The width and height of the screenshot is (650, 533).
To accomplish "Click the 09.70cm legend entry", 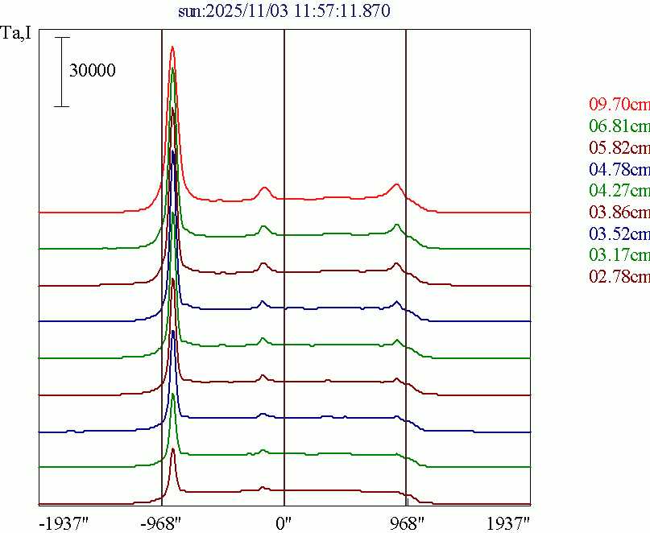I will tap(619, 104).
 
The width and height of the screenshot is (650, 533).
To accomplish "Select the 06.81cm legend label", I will tap(619, 126).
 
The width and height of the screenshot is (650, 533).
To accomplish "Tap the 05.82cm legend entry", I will tap(619, 147).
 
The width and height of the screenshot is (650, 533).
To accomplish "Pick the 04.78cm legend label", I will tap(619, 169).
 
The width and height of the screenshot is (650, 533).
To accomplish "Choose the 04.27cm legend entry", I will tap(619, 191).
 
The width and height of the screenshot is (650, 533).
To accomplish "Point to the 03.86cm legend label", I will tap(619, 213).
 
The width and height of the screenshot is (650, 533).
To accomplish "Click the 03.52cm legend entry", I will tap(619, 234).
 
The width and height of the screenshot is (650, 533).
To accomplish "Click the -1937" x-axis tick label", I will tap(64, 523).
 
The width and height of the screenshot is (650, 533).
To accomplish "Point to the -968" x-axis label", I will tap(161, 523).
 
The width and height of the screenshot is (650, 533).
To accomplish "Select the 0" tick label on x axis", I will tap(284, 523).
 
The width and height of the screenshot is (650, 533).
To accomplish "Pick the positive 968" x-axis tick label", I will tap(406, 523).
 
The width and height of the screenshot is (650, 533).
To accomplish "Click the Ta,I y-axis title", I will tap(17, 35).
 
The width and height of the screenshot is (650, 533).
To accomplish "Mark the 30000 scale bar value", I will tap(93, 71).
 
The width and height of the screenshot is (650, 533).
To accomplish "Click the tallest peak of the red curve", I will tap(172, 48).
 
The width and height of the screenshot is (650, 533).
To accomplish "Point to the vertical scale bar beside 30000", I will tap(64, 72).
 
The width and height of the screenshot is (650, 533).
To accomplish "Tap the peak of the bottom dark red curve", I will tap(172, 449).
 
